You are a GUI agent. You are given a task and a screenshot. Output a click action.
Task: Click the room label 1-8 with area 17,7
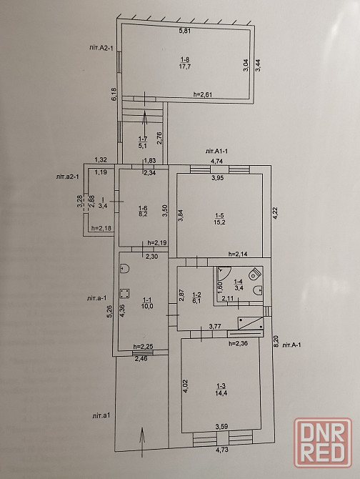click(x=185, y=63)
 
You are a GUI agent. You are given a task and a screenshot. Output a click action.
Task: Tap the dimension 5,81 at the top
click(x=184, y=31)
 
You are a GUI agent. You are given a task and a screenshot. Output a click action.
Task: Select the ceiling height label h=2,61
click(x=203, y=94)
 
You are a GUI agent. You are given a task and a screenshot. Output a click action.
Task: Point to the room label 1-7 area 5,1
click(x=142, y=142)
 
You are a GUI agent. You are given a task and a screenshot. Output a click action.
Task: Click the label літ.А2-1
click(x=101, y=48)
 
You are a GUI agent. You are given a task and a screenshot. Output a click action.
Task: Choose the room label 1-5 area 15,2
click(x=220, y=219)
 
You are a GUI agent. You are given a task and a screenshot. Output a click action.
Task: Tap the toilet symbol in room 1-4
click(x=254, y=274)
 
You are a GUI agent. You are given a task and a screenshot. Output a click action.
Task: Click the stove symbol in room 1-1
click(x=125, y=294)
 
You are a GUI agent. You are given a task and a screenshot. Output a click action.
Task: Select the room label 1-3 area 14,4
click(x=222, y=390)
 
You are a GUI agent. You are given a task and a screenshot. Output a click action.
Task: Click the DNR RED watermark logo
click(x=323, y=443)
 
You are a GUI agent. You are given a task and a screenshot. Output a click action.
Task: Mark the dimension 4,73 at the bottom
click(x=222, y=450)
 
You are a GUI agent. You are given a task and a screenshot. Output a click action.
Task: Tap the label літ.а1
click(x=101, y=415)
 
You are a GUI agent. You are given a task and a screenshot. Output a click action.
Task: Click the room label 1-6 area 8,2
click(x=143, y=211)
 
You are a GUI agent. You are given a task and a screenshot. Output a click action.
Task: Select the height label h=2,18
click(x=101, y=228)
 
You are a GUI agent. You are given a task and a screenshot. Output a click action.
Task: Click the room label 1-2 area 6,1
click(x=196, y=298)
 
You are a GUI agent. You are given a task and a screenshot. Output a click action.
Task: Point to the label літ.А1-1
click(x=218, y=152)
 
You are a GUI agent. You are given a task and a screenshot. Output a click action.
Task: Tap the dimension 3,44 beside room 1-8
click(x=258, y=65)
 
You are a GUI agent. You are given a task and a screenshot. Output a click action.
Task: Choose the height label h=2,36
click(x=239, y=343)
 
